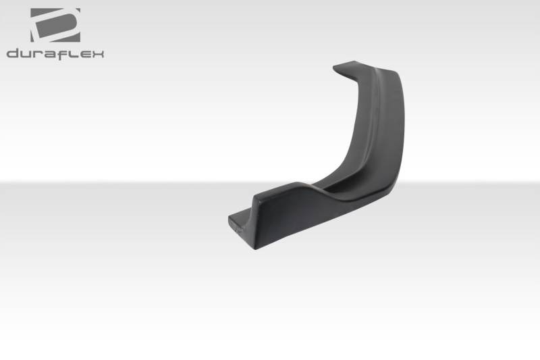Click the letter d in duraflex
click(x=13, y=54)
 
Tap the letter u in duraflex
click(x=27, y=55)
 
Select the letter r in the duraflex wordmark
click(x=39, y=55)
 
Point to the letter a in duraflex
click(x=50, y=55)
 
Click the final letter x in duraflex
click(x=97, y=55)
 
